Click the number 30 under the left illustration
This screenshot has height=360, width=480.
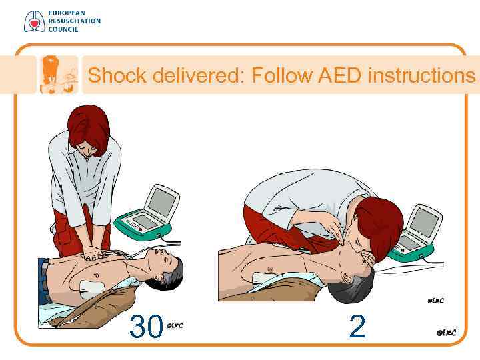pyautogui.click(x=146, y=326)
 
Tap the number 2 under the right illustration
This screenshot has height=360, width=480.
pyautogui.click(x=357, y=327)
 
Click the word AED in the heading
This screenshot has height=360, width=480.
pyautogui.click(x=340, y=75)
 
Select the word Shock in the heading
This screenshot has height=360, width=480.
pyautogui.click(x=117, y=75)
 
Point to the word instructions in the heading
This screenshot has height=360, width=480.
pyautogui.click(x=421, y=75)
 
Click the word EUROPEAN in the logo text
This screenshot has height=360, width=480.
pyautogui.click(x=67, y=13)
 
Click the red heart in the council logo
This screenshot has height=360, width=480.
pyautogui.click(x=34, y=23)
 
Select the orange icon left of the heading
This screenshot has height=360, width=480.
pyautogui.click(x=59, y=75)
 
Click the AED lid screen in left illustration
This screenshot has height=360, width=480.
pyautogui.click(x=162, y=202)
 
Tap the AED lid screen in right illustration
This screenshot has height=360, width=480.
pyautogui.click(x=425, y=222)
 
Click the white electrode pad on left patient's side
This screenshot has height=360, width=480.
pyautogui.click(x=92, y=288)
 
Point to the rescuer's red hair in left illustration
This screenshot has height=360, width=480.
pyautogui.click(x=89, y=128)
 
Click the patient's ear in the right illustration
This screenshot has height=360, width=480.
pyautogui.click(x=346, y=278)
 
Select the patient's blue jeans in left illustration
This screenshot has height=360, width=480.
pyautogui.click(x=43, y=282)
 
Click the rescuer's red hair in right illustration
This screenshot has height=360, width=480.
pyautogui.click(x=379, y=227)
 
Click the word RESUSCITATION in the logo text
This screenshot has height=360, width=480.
pyautogui.click(x=75, y=21)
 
